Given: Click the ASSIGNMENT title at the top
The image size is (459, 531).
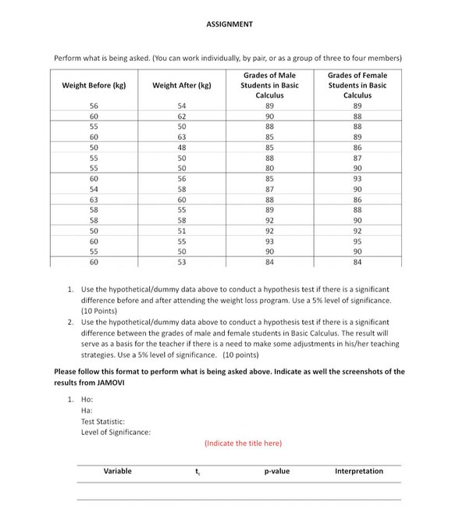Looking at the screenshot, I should (229, 24).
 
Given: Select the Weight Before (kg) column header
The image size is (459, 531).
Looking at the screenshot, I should (94, 85).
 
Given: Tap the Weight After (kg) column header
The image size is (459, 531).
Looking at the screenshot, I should (182, 85).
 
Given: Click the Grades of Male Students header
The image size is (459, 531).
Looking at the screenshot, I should (269, 85).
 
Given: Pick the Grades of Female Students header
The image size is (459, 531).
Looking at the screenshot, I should (357, 85).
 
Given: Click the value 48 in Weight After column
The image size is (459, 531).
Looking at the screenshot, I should (182, 147).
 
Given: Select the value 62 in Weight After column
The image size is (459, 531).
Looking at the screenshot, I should (182, 116).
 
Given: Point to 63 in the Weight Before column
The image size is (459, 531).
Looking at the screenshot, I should (94, 199).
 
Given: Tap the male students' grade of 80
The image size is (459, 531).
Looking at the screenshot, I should (269, 168).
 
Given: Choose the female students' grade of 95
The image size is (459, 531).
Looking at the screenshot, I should (357, 241).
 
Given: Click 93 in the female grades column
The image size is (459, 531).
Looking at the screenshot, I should (357, 178).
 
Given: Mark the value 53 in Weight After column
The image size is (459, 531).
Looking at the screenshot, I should (182, 262).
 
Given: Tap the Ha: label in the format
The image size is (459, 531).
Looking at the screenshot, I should (87, 410).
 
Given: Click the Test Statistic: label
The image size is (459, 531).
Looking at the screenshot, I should (103, 421).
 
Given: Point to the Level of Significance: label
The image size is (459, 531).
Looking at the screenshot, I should (116, 431).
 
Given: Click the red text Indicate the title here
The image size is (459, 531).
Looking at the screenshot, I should (243, 444).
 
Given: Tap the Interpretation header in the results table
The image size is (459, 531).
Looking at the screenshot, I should (359, 471).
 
